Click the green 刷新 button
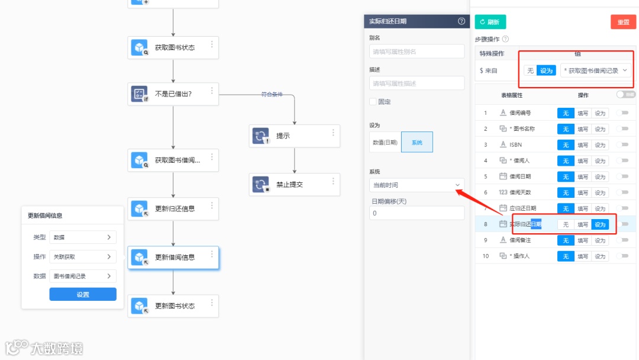[x=490, y=22]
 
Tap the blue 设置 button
[x=83, y=294]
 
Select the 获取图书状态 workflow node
[x=173, y=47]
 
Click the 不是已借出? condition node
[x=173, y=94]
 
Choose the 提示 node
[x=294, y=136]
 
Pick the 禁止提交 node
[x=294, y=184]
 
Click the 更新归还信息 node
[x=173, y=208]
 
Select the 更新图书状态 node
[x=173, y=306]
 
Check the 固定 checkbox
[x=373, y=102]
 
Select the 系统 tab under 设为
[x=417, y=142]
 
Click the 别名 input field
[x=417, y=52]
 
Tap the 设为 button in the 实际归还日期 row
[x=600, y=224]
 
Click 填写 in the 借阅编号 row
[x=583, y=113]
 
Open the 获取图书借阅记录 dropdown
[x=595, y=70]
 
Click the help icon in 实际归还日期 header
[x=461, y=21]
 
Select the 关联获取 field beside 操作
[x=83, y=257]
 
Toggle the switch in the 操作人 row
[x=622, y=256]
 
